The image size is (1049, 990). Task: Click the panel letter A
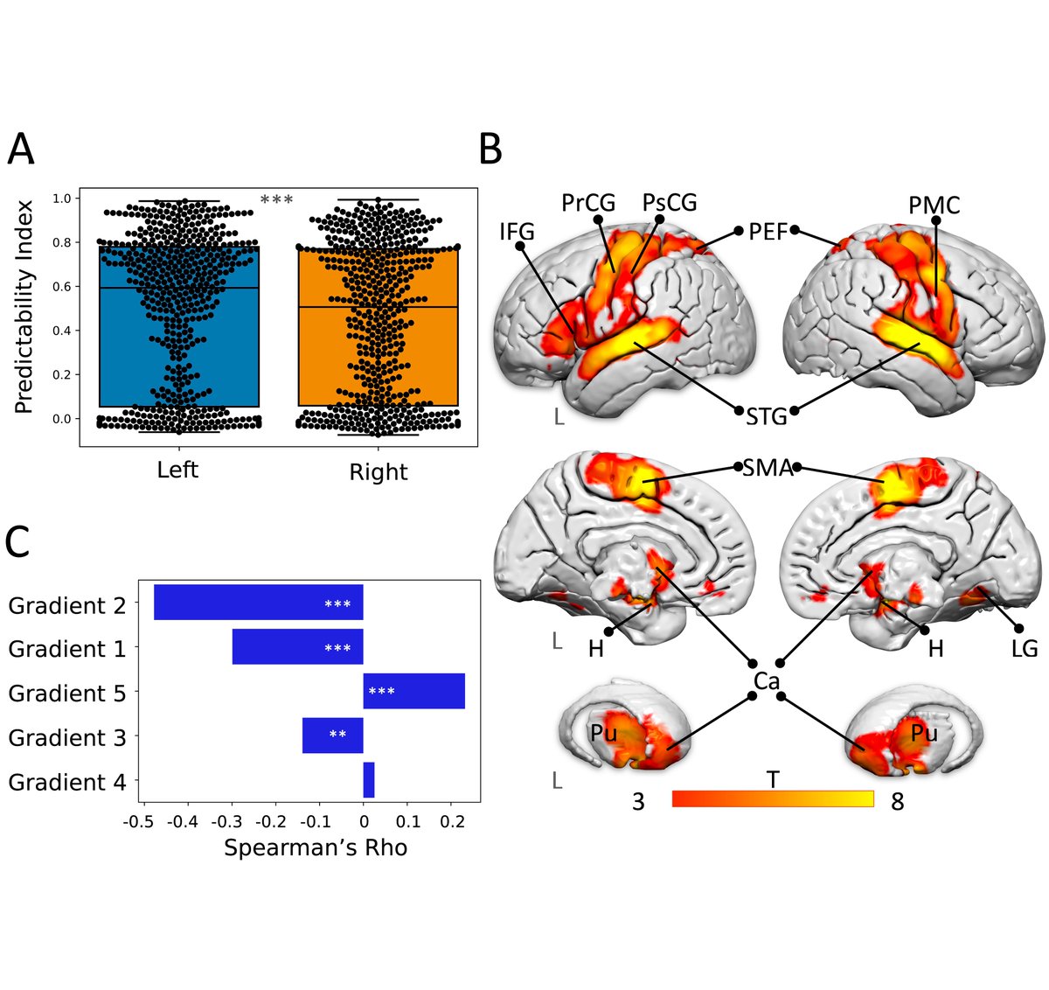click(x=21, y=150)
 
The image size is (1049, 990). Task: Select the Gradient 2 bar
click(x=258, y=603)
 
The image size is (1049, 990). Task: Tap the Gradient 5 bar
click(x=413, y=692)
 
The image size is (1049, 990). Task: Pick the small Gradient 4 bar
click(x=369, y=780)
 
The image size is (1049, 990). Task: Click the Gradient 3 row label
click(x=66, y=737)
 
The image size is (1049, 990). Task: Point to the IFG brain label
click(x=517, y=232)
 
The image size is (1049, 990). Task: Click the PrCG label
click(x=588, y=204)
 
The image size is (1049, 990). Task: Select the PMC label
click(x=934, y=206)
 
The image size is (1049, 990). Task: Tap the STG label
click(x=767, y=416)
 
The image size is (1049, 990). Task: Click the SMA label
click(x=767, y=468)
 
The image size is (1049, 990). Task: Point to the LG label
click(x=1024, y=649)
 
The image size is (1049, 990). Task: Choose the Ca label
click(x=766, y=680)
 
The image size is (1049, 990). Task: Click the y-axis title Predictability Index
click(x=24, y=307)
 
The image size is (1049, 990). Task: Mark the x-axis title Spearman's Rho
click(x=316, y=847)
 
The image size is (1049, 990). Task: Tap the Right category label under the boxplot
click(x=378, y=472)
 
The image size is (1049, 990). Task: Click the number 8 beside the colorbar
click(x=897, y=801)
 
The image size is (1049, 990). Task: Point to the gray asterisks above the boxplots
click(x=276, y=201)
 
